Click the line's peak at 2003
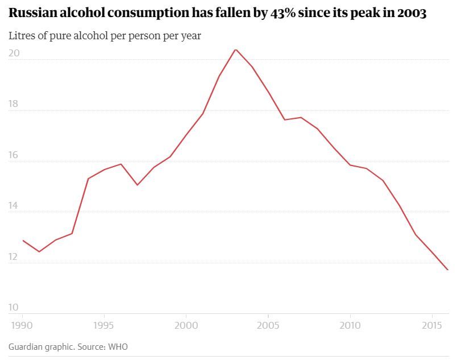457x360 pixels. coord(236,49)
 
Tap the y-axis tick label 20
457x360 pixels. coord(14,53)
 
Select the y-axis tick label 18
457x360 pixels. coord(14,105)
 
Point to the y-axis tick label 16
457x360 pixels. coord(14,155)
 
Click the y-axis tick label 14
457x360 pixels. coord(14,206)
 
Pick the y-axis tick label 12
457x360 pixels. coord(14,257)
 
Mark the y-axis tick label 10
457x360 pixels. coord(14,308)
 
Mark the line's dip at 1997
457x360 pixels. coord(137,185)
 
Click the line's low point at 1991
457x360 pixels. coord(39,251)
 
